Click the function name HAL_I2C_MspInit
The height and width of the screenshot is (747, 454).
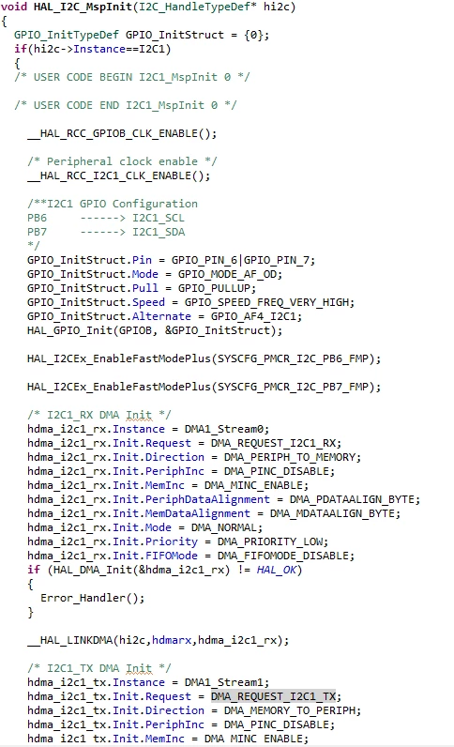88,8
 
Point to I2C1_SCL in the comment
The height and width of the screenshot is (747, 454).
159,219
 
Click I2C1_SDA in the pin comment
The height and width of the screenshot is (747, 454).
159,232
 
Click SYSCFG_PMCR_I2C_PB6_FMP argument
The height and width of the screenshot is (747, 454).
293,358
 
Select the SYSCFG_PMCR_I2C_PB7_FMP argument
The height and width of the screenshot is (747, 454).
293,387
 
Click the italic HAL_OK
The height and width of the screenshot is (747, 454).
277,570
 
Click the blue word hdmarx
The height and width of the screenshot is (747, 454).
172,640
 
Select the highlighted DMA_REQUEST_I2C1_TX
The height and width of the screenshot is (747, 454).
274,696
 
